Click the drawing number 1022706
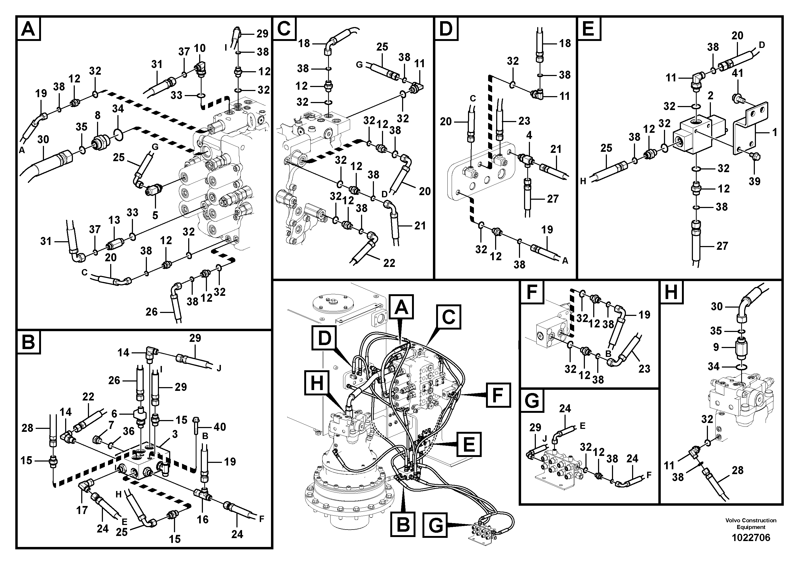click(751, 538)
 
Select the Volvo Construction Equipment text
click(751, 523)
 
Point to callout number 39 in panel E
click(754, 181)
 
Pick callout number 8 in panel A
click(98, 115)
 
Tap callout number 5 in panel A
click(155, 215)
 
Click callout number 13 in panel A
click(114, 220)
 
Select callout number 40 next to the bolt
click(220, 426)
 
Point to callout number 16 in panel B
click(203, 519)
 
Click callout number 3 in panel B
click(175, 434)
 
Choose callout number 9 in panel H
click(716, 347)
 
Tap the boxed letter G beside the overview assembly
click(436, 526)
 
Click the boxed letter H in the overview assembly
click(317, 384)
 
